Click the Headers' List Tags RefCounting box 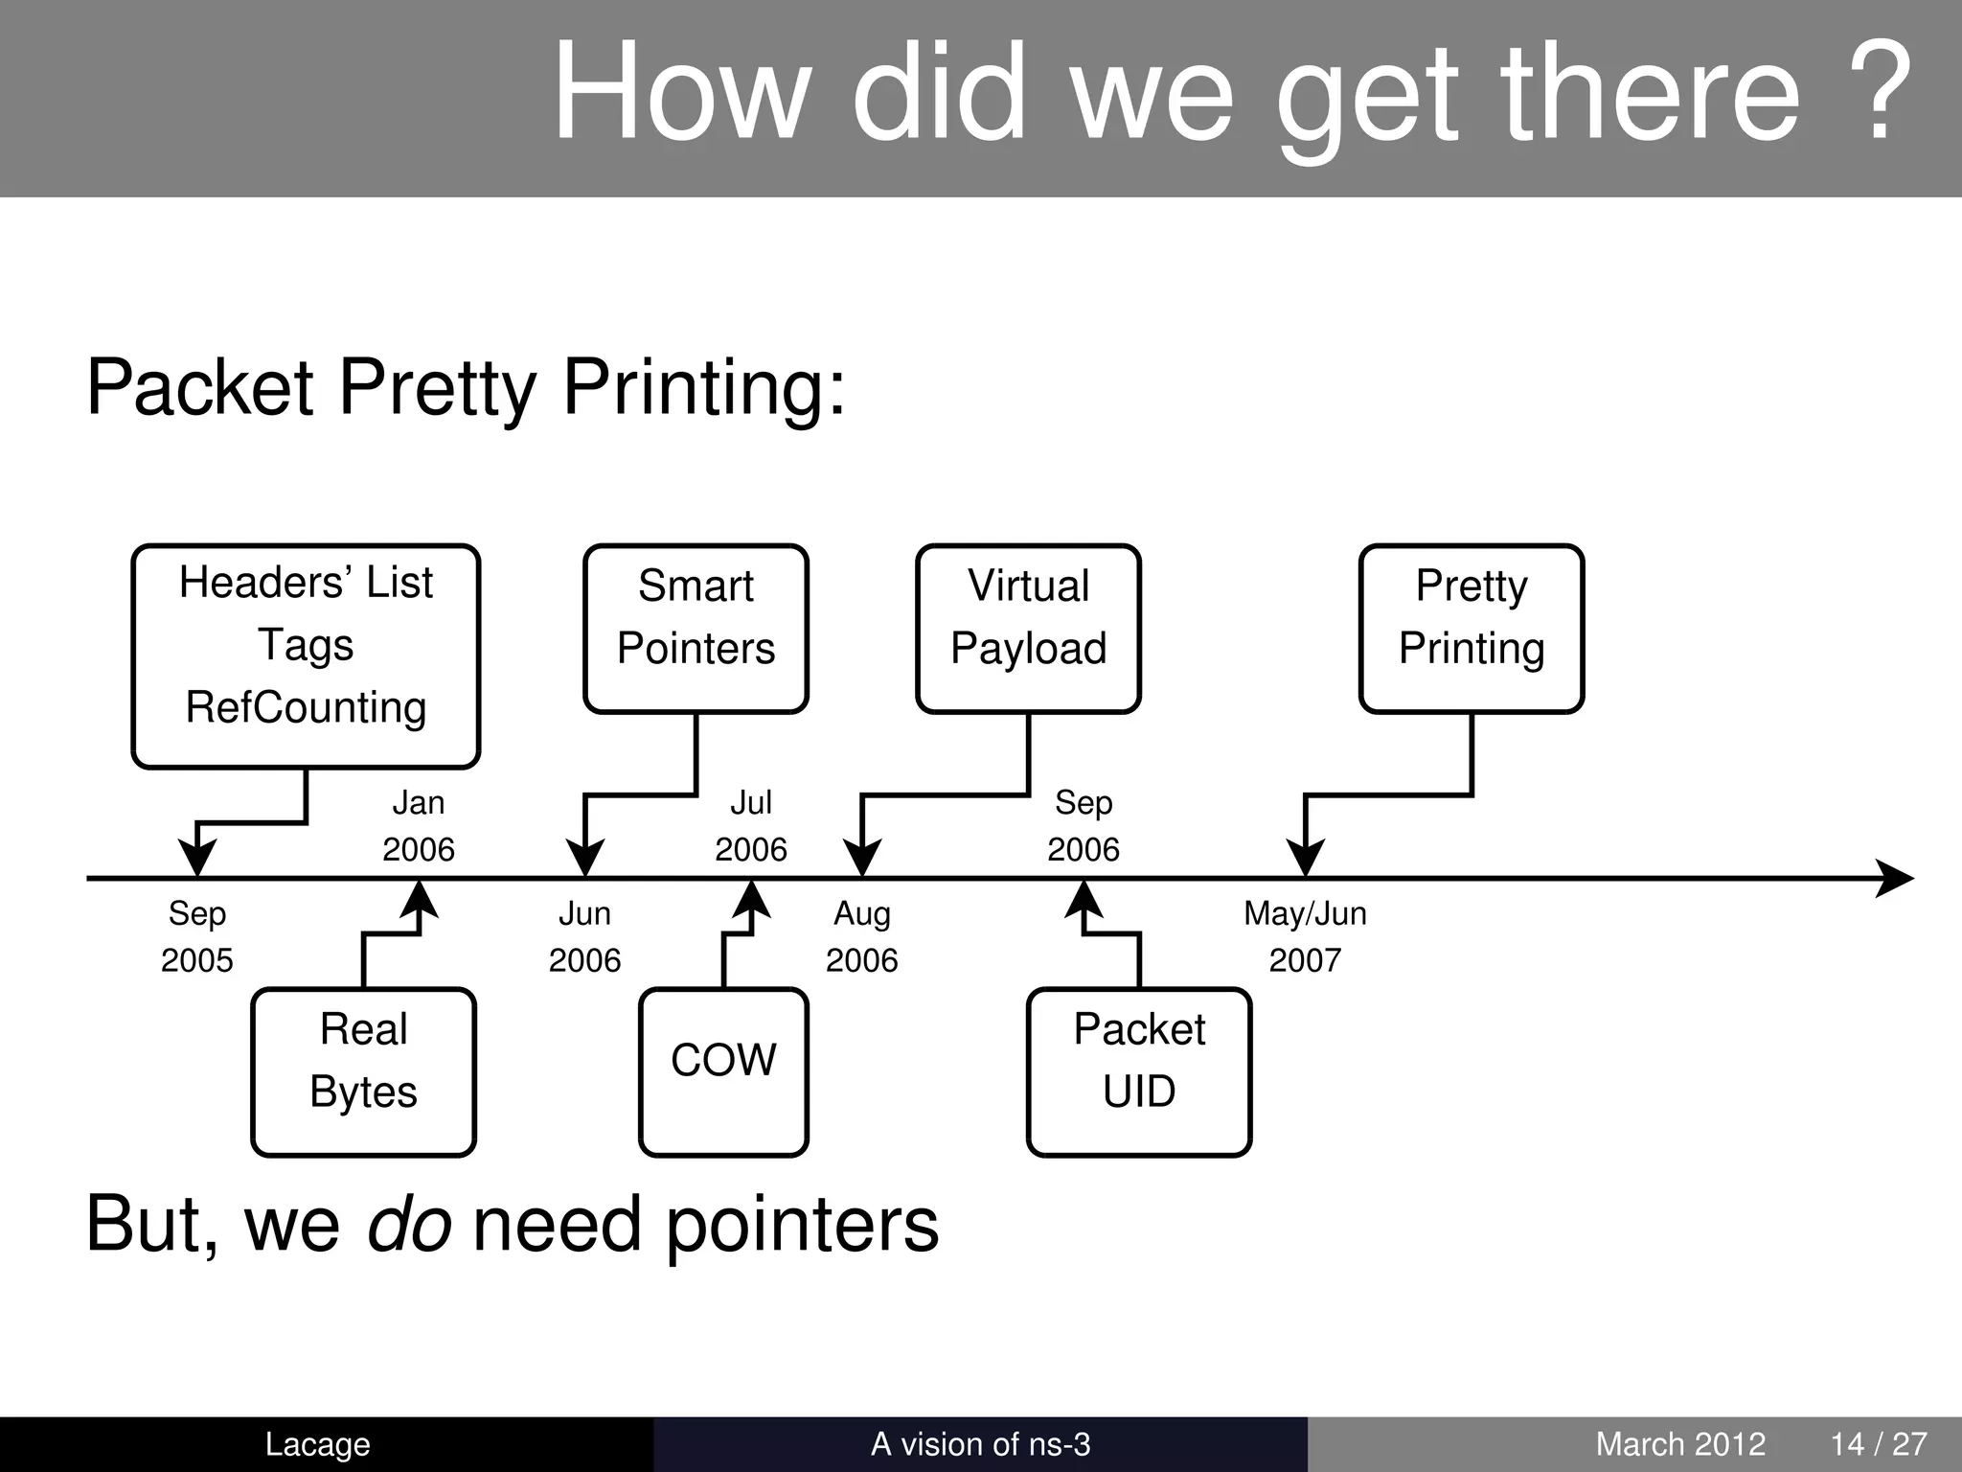(x=306, y=656)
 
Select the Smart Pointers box (x=696, y=629)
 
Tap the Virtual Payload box (x=1028, y=629)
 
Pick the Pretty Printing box (x=1471, y=629)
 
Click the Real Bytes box (x=364, y=1072)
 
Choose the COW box (x=723, y=1072)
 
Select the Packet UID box (x=1139, y=1072)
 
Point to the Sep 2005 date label (x=197, y=936)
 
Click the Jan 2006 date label (x=419, y=825)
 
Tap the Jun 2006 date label (x=584, y=936)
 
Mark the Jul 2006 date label (x=751, y=825)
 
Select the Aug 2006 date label (x=862, y=936)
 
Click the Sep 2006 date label (x=1084, y=825)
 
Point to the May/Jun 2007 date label (x=1305, y=936)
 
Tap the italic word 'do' (x=409, y=1225)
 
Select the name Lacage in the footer (x=317, y=1444)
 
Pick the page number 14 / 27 (x=1879, y=1444)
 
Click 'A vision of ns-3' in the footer (x=980, y=1444)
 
